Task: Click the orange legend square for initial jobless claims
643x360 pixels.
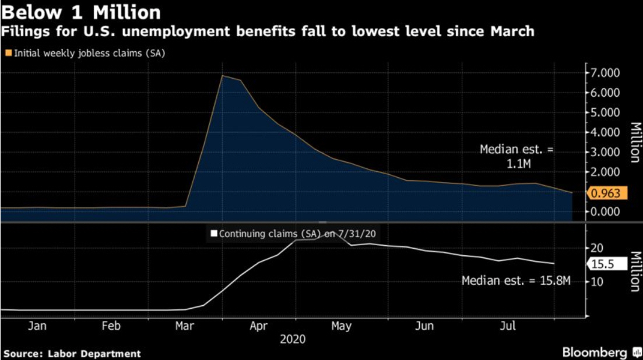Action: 8,53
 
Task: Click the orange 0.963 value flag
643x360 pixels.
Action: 606,193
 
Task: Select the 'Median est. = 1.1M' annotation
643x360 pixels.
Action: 516,157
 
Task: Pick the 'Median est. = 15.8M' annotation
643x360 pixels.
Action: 515,281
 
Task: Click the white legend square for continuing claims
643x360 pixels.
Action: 214,234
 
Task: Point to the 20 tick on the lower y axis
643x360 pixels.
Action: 596,248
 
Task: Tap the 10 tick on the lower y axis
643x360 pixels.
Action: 596,281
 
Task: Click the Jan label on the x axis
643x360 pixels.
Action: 37,326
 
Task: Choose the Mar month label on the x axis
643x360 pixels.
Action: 185,326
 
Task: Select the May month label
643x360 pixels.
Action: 342,326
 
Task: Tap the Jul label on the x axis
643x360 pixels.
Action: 508,326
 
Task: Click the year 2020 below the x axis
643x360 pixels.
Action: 292,339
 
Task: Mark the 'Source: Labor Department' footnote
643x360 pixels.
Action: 72,353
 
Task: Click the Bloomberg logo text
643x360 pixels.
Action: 595,352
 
